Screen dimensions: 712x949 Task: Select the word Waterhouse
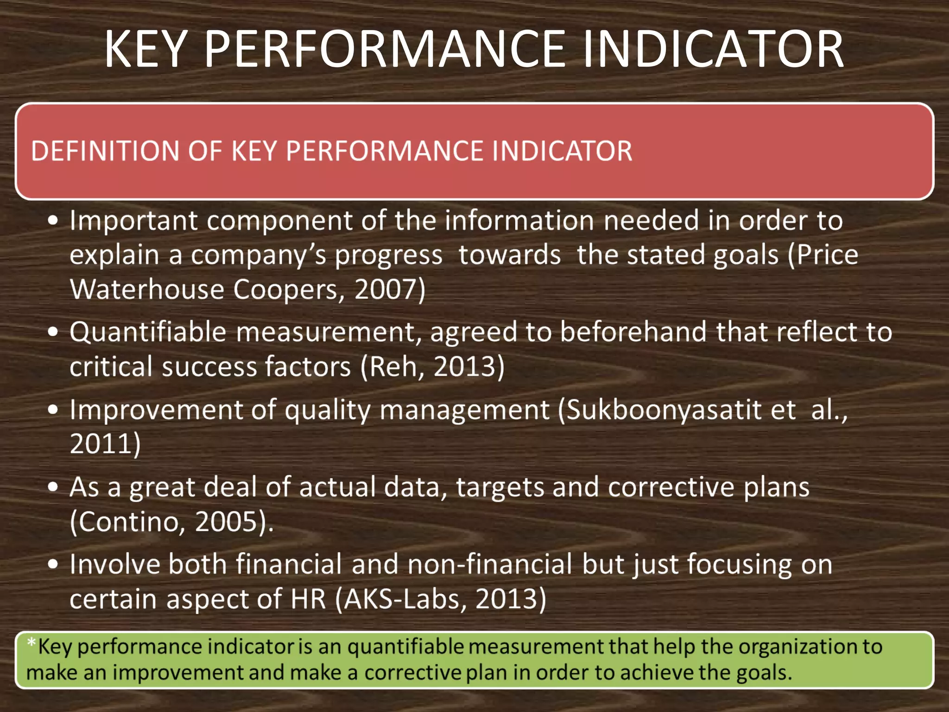(x=147, y=289)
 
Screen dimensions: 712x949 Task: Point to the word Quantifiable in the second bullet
(x=148, y=332)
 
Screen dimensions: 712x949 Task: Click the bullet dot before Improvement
(x=53, y=410)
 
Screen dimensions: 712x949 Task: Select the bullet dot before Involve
(x=53, y=564)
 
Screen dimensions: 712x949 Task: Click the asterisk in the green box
(x=31, y=642)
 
